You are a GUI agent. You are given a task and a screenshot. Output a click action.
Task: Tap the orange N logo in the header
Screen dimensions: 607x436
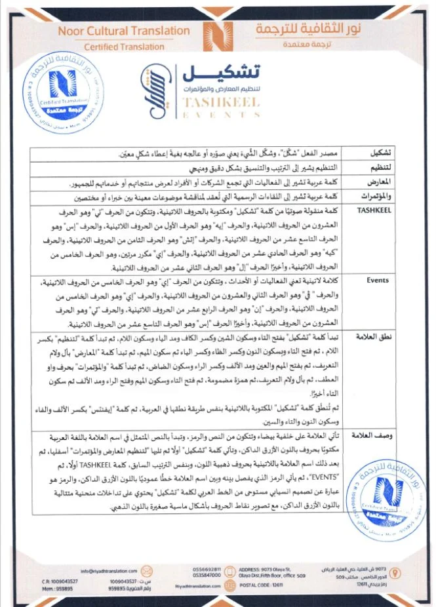point(218,34)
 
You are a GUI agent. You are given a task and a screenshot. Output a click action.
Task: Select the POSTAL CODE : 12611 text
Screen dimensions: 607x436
point(262,585)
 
